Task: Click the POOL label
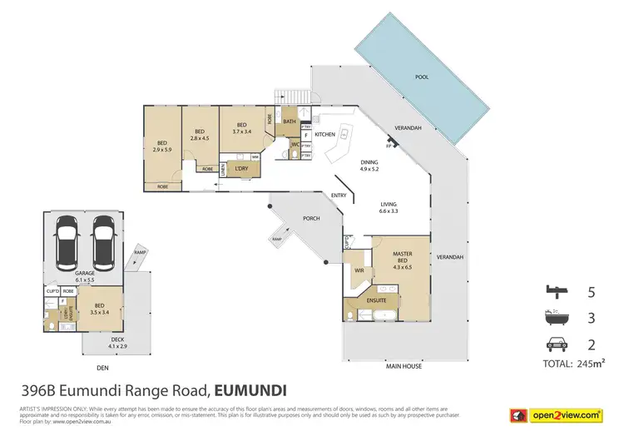pyautogui.click(x=422, y=76)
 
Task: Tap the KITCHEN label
pyautogui.click(x=324, y=134)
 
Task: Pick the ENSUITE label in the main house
pyautogui.click(x=371, y=300)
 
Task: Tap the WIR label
pyautogui.click(x=359, y=270)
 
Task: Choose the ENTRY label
pyautogui.click(x=339, y=196)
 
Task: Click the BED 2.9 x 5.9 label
pyautogui.click(x=163, y=146)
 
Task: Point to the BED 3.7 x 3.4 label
pyautogui.click(x=242, y=127)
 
